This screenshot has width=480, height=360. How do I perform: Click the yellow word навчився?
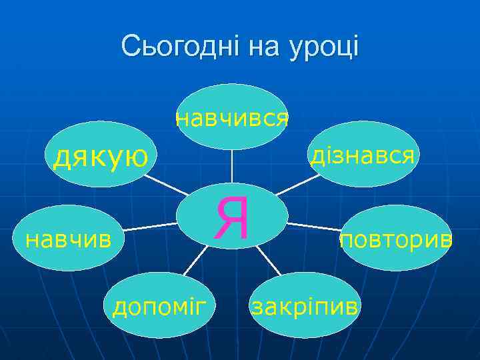(231, 119)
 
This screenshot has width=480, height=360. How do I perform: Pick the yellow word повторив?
(396, 239)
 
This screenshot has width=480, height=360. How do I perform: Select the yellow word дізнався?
(363, 155)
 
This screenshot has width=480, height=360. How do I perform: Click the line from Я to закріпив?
(270, 261)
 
